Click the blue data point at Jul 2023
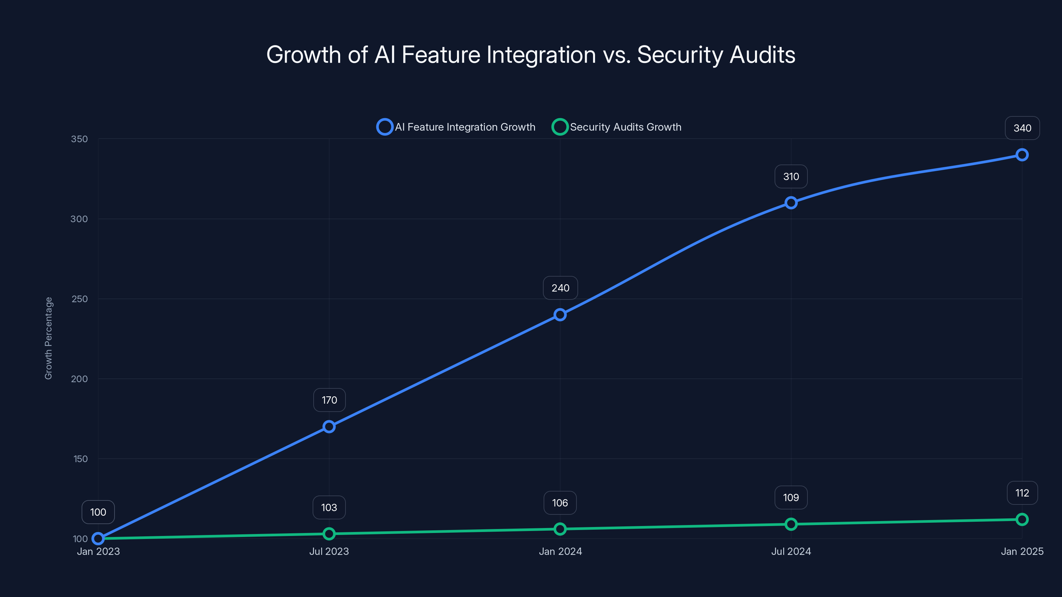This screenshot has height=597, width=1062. (x=329, y=427)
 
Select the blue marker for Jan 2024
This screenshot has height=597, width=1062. (x=560, y=315)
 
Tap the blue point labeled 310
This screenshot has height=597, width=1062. (x=791, y=203)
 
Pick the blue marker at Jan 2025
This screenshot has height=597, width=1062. (x=1022, y=155)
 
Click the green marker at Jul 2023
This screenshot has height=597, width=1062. (x=329, y=534)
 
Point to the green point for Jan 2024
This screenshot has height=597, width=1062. (x=560, y=529)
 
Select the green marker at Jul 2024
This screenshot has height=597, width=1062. (x=791, y=524)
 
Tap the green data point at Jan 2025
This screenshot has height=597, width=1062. (x=1022, y=519)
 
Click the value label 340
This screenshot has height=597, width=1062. (x=1022, y=128)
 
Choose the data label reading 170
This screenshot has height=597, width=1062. (x=329, y=400)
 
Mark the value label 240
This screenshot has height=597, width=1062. (x=560, y=288)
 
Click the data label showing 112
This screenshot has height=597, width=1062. (x=1022, y=493)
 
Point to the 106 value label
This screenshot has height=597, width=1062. (x=560, y=503)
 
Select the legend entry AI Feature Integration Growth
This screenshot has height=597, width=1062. (x=456, y=127)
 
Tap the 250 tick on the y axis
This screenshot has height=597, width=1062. (x=80, y=299)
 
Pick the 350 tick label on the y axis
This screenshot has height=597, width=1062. (x=79, y=139)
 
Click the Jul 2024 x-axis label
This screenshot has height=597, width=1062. (x=791, y=551)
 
